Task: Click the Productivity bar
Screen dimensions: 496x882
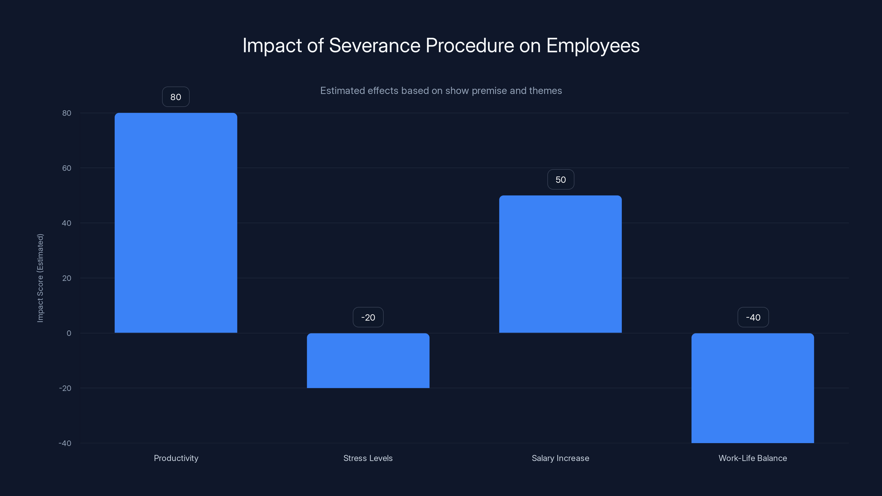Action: pyautogui.click(x=176, y=222)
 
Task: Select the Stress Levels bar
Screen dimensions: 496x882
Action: pyautogui.click(x=368, y=360)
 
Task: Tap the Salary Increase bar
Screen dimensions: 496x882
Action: pyautogui.click(x=560, y=264)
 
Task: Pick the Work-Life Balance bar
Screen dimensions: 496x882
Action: pyautogui.click(x=752, y=388)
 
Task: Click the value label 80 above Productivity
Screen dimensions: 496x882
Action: pyautogui.click(x=176, y=97)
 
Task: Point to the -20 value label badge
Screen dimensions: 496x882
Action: pyautogui.click(x=368, y=317)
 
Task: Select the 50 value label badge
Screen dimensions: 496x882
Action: pyautogui.click(x=561, y=180)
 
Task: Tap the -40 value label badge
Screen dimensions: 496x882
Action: pyautogui.click(x=753, y=317)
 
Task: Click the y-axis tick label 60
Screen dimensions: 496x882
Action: pyautogui.click(x=67, y=168)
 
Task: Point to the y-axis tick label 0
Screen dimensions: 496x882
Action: pyautogui.click(x=69, y=333)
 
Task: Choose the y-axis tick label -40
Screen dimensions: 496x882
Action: pyautogui.click(x=65, y=443)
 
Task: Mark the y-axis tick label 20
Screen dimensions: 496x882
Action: pyautogui.click(x=67, y=278)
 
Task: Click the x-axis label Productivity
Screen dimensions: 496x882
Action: pyautogui.click(x=176, y=458)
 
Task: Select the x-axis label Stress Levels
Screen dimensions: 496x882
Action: pyautogui.click(x=368, y=458)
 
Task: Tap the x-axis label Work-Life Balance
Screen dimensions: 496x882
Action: pyautogui.click(x=752, y=458)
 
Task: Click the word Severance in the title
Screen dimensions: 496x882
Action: pyautogui.click(x=374, y=45)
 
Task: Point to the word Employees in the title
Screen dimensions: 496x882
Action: pyautogui.click(x=593, y=45)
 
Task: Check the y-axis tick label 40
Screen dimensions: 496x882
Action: pyautogui.click(x=67, y=223)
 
